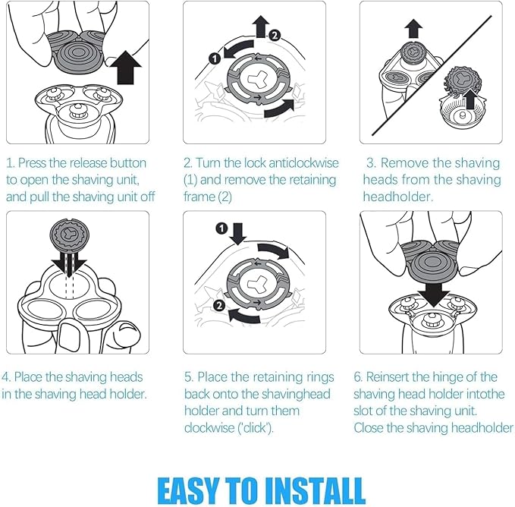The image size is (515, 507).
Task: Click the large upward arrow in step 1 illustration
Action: (125, 67)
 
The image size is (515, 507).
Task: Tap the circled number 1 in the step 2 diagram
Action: (215, 59)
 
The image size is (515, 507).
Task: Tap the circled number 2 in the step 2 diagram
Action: (275, 35)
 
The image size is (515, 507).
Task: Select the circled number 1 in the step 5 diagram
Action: (221, 228)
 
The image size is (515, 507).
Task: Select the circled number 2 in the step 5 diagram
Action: (219, 306)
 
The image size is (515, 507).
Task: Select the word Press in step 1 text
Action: (32, 163)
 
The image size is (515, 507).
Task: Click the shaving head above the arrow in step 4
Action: (69, 235)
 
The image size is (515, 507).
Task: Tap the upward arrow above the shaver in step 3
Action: (413, 28)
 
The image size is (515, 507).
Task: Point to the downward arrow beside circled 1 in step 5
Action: (237, 234)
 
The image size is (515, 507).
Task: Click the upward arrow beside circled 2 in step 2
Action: (260, 27)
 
